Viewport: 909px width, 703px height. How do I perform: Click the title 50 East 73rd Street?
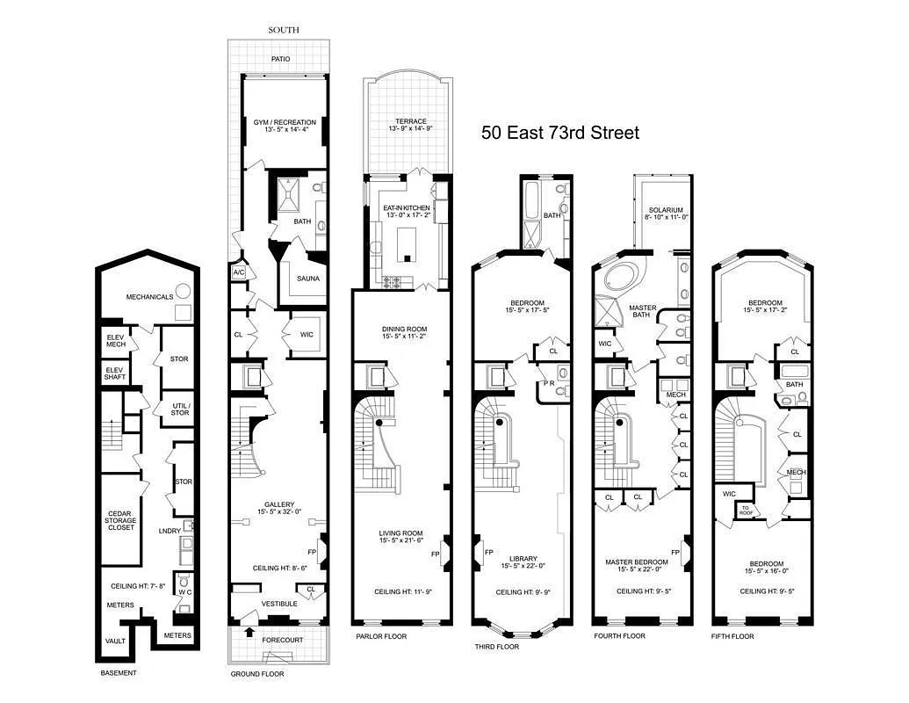pyautogui.click(x=559, y=134)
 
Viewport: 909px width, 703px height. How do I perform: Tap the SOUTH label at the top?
pyautogui.click(x=283, y=30)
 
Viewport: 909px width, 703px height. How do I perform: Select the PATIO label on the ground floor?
pyautogui.click(x=281, y=60)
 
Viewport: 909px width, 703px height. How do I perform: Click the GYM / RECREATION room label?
pyautogui.click(x=285, y=122)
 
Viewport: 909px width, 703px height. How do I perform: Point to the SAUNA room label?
pyautogui.click(x=307, y=279)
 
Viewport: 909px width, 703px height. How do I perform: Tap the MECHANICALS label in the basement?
pyautogui.click(x=148, y=297)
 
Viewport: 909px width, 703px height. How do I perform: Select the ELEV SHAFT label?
pyautogui.click(x=116, y=373)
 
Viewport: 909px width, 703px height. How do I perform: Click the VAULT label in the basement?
pyautogui.click(x=116, y=641)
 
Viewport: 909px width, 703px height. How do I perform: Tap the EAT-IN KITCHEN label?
pyautogui.click(x=405, y=207)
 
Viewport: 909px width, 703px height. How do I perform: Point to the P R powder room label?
pyautogui.click(x=548, y=384)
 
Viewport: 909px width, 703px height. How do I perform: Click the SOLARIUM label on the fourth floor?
pyautogui.click(x=666, y=210)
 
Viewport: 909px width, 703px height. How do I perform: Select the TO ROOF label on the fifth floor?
pyautogui.click(x=747, y=510)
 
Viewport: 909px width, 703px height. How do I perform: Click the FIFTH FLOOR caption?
pyautogui.click(x=732, y=636)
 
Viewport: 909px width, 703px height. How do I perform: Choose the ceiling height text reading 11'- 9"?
pyautogui.click(x=401, y=591)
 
